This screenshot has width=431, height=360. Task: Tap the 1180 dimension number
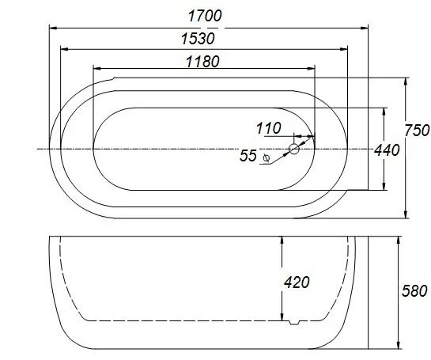(x=202, y=61)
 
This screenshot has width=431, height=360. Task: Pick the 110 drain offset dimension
(x=270, y=128)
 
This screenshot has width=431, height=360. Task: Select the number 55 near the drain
(x=248, y=157)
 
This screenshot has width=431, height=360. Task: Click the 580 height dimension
(x=414, y=290)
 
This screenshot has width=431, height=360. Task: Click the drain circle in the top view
(x=294, y=149)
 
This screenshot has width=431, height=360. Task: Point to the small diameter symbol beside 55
(x=267, y=158)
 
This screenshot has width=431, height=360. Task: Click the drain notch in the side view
(x=294, y=321)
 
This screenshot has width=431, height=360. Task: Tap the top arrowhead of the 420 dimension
(x=282, y=240)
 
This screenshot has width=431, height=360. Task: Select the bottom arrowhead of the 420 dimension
(x=282, y=316)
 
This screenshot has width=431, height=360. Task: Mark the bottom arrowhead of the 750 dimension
(x=405, y=214)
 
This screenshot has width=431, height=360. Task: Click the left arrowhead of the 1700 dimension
(x=54, y=28)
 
